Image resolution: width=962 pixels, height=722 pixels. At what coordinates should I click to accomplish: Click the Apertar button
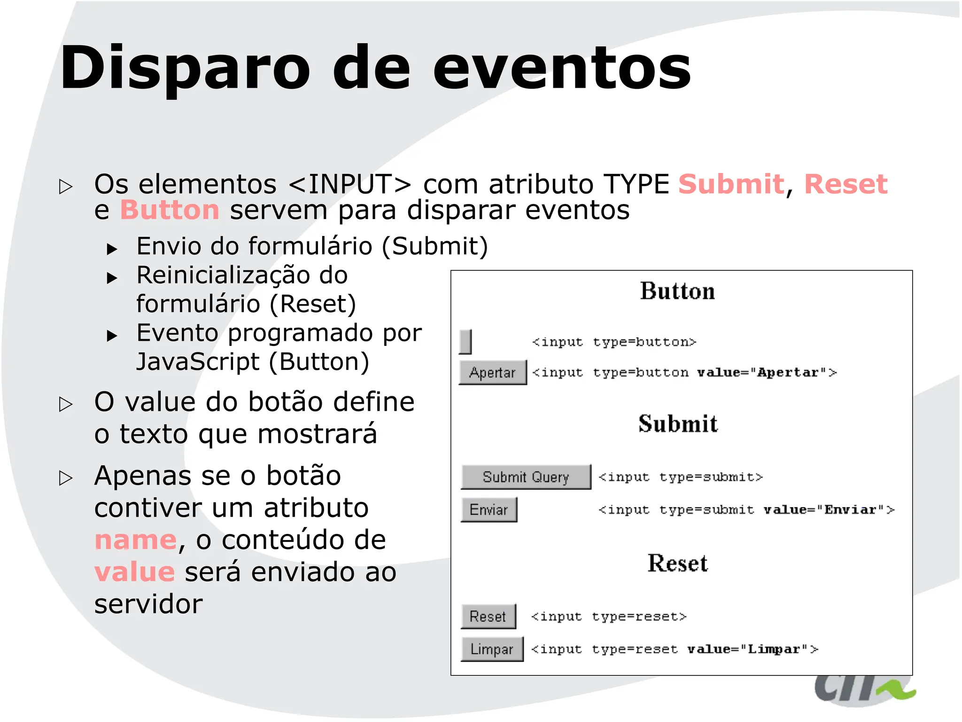pyautogui.click(x=492, y=372)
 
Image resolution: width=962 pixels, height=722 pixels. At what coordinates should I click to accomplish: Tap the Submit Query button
pyautogui.click(x=526, y=477)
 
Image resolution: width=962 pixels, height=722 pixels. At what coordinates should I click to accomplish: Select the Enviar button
pyautogui.click(x=489, y=510)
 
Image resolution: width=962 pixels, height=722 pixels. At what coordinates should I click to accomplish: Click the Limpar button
pyautogui.click(x=491, y=649)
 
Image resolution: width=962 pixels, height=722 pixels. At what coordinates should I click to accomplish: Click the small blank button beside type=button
pyautogui.click(x=465, y=341)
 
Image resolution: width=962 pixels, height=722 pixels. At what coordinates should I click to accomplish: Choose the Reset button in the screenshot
pyautogui.click(x=488, y=616)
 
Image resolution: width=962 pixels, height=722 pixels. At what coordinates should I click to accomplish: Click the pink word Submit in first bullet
pyautogui.click(x=731, y=184)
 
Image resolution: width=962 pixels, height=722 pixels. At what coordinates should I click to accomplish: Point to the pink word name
pyautogui.click(x=135, y=540)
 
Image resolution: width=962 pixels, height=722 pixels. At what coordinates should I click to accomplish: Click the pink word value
pyautogui.click(x=134, y=572)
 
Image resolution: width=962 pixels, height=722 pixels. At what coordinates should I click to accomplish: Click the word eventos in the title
pyautogui.click(x=561, y=68)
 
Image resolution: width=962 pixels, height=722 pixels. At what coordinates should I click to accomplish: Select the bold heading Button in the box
pyautogui.click(x=677, y=291)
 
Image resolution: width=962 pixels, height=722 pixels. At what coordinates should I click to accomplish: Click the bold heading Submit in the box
pyautogui.click(x=677, y=424)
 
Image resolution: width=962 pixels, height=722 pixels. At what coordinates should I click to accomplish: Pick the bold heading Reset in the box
pyautogui.click(x=677, y=563)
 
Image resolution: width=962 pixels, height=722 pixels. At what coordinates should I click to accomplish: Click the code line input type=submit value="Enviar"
pyautogui.click(x=746, y=510)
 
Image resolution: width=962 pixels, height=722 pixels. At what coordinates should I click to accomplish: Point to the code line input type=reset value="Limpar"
pyautogui.click(x=674, y=649)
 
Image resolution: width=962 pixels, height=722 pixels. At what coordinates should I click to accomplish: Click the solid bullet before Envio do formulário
pyautogui.click(x=112, y=248)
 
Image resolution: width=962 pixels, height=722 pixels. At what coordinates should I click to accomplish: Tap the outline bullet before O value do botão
pyautogui.click(x=66, y=404)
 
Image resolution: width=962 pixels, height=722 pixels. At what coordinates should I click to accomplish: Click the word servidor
pyautogui.click(x=148, y=604)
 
